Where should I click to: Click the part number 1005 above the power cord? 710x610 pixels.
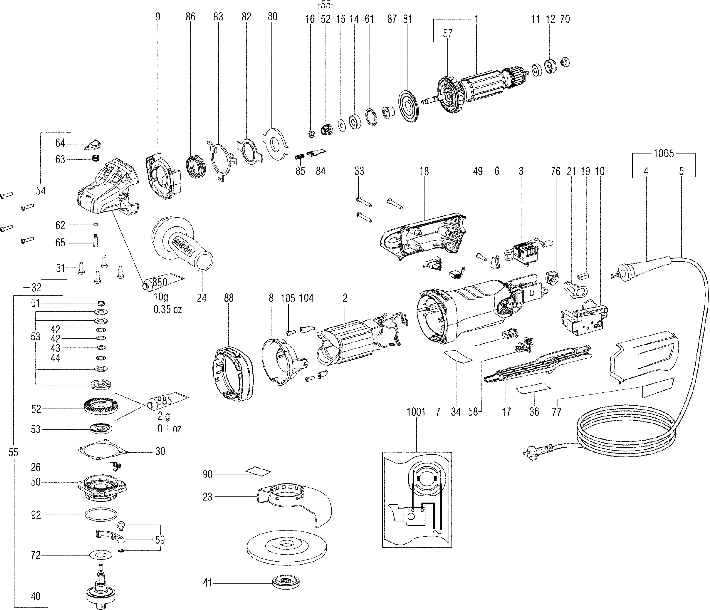(663, 153)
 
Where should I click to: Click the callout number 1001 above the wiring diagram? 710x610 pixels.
(416, 412)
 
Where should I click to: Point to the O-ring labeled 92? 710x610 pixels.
(100, 515)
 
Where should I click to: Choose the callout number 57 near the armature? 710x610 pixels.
(447, 34)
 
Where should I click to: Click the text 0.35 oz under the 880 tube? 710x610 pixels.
(167, 309)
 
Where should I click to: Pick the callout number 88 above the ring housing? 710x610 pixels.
(229, 298)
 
